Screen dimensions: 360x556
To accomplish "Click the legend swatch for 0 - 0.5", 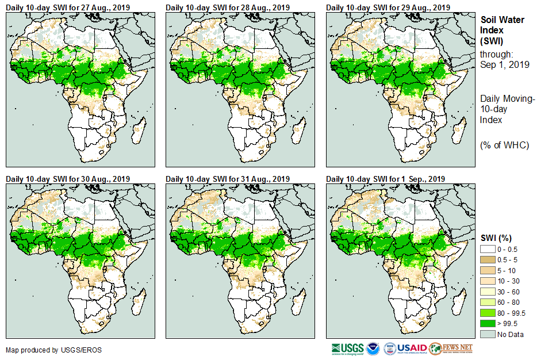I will (488, 249).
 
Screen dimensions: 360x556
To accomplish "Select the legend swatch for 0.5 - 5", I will (488, 259).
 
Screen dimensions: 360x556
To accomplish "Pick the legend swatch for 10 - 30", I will (488, 281).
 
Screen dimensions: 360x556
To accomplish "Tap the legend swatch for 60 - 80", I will (488, 302).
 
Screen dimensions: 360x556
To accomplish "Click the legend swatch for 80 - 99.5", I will (488, 313).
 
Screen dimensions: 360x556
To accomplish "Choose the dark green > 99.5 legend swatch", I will (488, 324).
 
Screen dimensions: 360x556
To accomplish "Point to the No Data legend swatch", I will (488, 334).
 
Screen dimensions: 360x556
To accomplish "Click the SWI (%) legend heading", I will (496, 238).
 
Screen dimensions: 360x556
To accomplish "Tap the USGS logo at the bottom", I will (347, 349).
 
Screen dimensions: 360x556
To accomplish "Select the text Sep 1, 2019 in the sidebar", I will (504, 64).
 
